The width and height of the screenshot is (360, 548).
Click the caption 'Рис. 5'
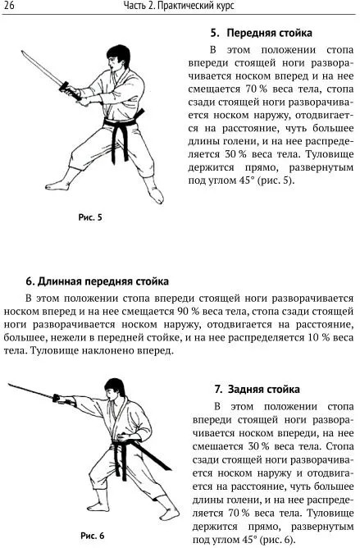(90, 217)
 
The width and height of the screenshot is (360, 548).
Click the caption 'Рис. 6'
(93, 536)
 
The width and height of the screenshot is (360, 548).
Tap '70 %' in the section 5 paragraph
(256, 89)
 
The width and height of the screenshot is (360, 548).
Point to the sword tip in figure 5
(22, 52)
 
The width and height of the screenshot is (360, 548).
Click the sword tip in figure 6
(9, 384)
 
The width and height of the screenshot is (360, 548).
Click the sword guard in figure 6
(56, 398)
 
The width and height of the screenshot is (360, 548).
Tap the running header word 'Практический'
(187, 6)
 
